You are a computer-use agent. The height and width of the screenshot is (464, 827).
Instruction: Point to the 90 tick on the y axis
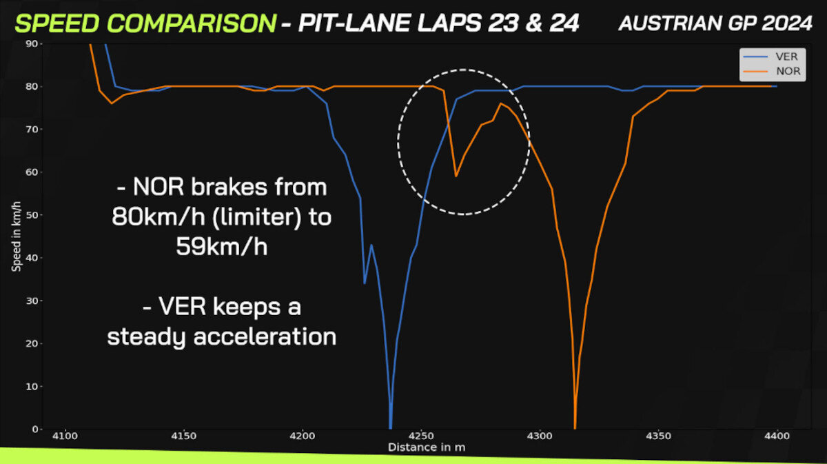click(x=32, y=43)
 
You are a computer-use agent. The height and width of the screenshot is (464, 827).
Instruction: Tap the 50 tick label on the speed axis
click(x=32, y=215)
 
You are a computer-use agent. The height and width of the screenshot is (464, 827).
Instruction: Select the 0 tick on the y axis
click(x=35, y=429)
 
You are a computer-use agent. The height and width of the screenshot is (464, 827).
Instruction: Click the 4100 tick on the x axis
click(x=65, y=436)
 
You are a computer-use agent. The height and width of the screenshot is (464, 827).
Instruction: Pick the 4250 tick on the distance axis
click(x=421, y=436)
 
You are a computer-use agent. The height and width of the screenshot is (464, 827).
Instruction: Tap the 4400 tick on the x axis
click(x=777, y=436)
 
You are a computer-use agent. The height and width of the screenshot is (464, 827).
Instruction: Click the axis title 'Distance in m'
click(x=427, y=447)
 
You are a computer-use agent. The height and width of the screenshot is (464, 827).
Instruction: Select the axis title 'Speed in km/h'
click(x=17, y=236)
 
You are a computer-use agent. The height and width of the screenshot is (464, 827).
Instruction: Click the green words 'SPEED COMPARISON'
click(x=145, y=23)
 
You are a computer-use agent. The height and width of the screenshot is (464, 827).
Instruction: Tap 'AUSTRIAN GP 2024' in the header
click(x=715, y=23)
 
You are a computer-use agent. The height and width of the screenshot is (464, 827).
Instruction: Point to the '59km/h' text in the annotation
click(x=221, y=246)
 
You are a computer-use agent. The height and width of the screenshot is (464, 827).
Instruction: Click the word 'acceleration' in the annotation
click(x=265, y=336)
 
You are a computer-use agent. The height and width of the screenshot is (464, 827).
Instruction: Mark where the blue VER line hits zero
click(x=390, y=427)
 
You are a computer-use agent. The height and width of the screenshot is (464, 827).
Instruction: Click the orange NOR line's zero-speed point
click(x=575, y=427)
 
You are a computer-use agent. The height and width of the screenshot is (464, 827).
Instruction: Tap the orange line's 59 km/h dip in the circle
click(x=456, y=176)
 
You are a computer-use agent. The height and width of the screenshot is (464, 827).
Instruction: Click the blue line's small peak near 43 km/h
click(x=371, y=245)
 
